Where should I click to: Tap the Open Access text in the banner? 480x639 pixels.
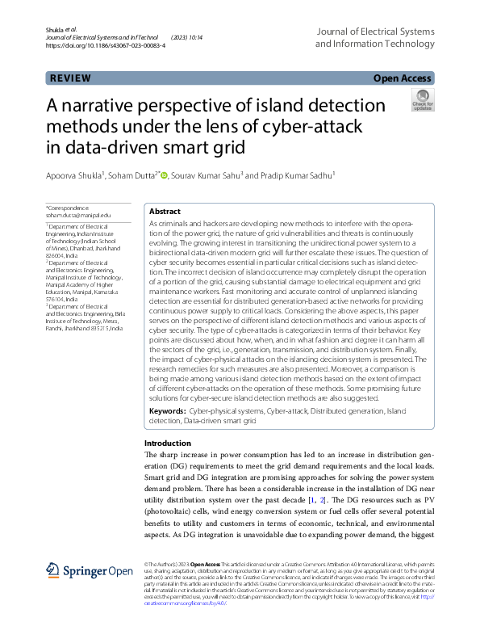(402, 78)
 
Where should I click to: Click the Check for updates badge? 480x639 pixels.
(422, 100)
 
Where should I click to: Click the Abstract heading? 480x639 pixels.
(165, 211)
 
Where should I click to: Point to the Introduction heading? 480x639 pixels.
(168, 444)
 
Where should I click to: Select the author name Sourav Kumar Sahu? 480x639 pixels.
(206, 175)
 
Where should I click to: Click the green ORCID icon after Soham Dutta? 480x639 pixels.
(164, 175)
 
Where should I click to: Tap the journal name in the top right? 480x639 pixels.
(374, 37)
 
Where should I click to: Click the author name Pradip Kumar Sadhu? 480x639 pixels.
(288, 175)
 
